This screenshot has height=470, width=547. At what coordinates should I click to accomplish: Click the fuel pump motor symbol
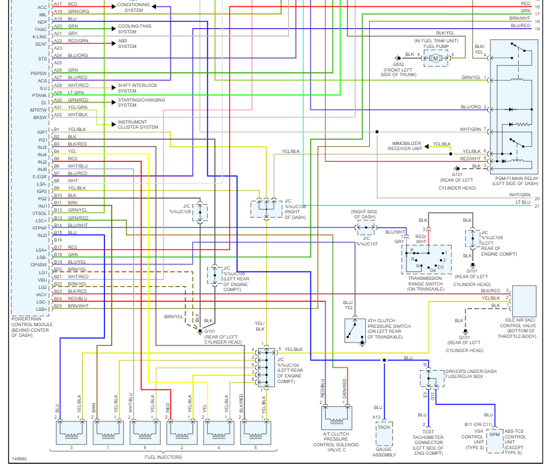click(x=435, y=58)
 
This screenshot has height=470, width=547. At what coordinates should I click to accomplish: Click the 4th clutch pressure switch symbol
click(x=355, y=331)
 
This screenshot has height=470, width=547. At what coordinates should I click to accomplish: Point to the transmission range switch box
click(x=427, y=259)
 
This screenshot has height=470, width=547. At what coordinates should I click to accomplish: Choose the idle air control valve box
click(x=524, y=301)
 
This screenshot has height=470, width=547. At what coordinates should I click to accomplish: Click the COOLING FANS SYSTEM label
click(x=134, y=29)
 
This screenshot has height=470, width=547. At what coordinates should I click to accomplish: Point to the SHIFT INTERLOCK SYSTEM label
click(x=137, y=88)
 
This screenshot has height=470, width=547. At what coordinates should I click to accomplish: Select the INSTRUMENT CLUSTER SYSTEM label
click(x=138, y=124)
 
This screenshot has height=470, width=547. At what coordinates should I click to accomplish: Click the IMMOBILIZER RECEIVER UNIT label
click(x=405, y=146)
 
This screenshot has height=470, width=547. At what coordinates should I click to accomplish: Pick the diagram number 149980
click(x=20, y=459)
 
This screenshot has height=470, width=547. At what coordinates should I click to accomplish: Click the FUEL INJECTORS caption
click(x=163, y=457)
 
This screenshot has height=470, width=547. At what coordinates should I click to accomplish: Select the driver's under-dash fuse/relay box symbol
click(x=431, y=378)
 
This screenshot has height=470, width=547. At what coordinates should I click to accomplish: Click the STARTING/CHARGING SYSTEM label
click(x=141, y=103)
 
